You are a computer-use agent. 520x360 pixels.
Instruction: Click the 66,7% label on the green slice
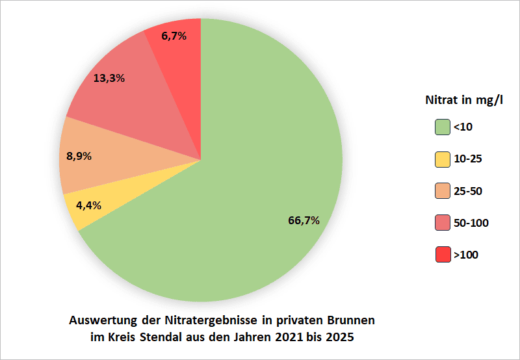click(x=304, y=220)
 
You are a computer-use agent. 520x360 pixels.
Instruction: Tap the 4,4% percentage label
click(x=88, y=205)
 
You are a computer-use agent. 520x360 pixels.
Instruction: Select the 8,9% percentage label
click(x=79, y=156)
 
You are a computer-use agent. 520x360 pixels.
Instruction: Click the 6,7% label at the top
click(x=174, y=36)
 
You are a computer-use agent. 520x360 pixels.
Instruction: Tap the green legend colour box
click(x=443, y=127)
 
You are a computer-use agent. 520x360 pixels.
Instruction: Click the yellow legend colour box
click(x=443, y=159)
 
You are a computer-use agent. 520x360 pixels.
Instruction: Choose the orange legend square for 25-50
click(x=443, y=191)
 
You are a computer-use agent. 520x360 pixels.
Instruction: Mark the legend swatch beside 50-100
click(x=443, y=223)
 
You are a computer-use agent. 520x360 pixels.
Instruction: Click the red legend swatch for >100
click(x=443, y=255)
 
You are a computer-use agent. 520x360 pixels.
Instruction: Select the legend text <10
click(x=463, y=127)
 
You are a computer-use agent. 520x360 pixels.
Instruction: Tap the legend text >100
click(x=465, y=255)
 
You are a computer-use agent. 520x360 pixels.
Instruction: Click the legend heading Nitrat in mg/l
click(x=464, y=101)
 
